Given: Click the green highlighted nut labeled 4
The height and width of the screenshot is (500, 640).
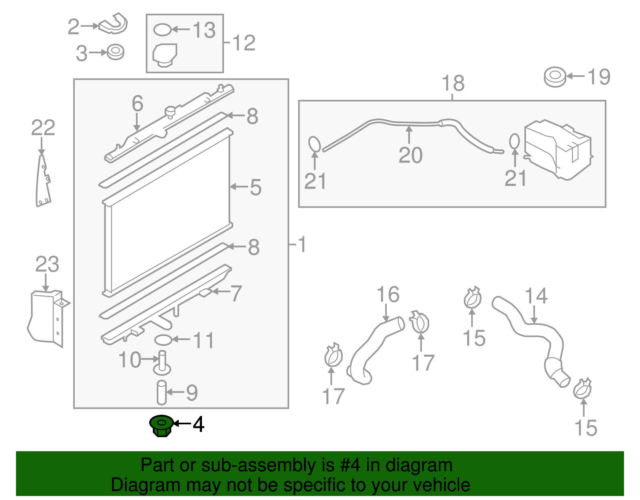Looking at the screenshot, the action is (161, 426).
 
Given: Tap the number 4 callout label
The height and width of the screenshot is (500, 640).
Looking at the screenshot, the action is (198, 425).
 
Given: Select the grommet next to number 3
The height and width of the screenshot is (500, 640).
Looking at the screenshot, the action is (115, 52).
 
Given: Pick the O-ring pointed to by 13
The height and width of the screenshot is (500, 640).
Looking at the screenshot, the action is (162, 30).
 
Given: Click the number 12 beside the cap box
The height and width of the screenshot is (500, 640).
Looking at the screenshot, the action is (244, 43).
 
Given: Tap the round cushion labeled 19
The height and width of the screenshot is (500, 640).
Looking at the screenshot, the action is (555, 77).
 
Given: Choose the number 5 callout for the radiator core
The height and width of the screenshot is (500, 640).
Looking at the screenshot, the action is (256, 187).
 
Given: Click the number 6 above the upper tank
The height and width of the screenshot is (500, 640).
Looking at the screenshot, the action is (138, 103).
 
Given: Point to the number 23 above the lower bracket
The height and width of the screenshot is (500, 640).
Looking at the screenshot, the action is (47, 264).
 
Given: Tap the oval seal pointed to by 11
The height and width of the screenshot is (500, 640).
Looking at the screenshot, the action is (163, 340).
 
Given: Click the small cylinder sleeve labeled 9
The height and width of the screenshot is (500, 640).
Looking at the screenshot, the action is (161, 392).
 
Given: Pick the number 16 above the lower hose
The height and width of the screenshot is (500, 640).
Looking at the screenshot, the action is (388, 294).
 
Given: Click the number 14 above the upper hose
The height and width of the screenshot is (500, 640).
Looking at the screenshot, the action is (536, 295).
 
